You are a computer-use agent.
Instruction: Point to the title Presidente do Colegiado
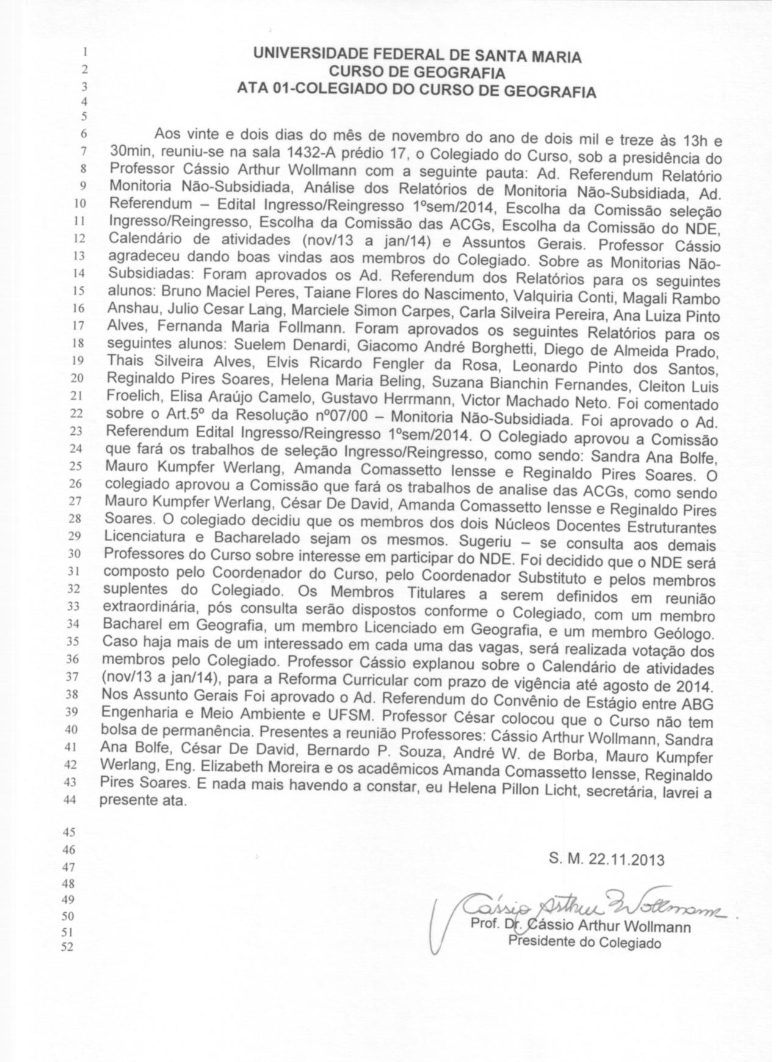(x=585, y=943)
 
